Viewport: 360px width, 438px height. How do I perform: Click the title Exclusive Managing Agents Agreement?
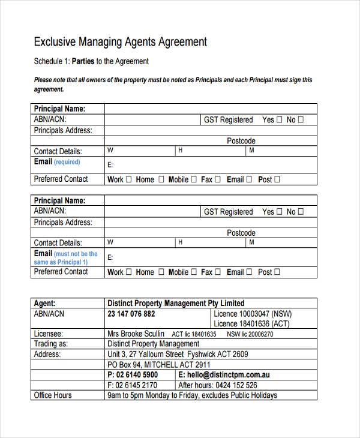tap(120, 42)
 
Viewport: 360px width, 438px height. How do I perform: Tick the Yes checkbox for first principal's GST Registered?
tap(278, 120)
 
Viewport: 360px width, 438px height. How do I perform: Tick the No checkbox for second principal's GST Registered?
tap(301, 212)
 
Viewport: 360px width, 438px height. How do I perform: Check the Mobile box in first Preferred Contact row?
tap(193, 179)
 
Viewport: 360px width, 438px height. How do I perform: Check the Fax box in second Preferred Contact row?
tap(218, 272)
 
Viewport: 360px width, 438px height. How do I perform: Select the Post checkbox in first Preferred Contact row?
tap(277, 179)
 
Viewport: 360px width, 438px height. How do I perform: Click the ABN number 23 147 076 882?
tap(131, 314)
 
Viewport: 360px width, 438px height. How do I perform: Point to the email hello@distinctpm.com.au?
tap(228, 375)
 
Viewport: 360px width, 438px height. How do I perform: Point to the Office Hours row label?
tap(53, 395)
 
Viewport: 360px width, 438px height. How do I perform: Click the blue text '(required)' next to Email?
tap(67, 163)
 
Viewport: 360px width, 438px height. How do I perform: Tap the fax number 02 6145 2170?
tap(136, 385)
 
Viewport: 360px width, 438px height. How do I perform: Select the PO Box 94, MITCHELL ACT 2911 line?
tap(159, 364)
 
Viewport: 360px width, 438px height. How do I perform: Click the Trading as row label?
tap(51, 344)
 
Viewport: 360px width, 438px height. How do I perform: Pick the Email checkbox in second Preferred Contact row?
tap(248, 272)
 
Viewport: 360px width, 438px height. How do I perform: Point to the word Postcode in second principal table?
tap(241, 233)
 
